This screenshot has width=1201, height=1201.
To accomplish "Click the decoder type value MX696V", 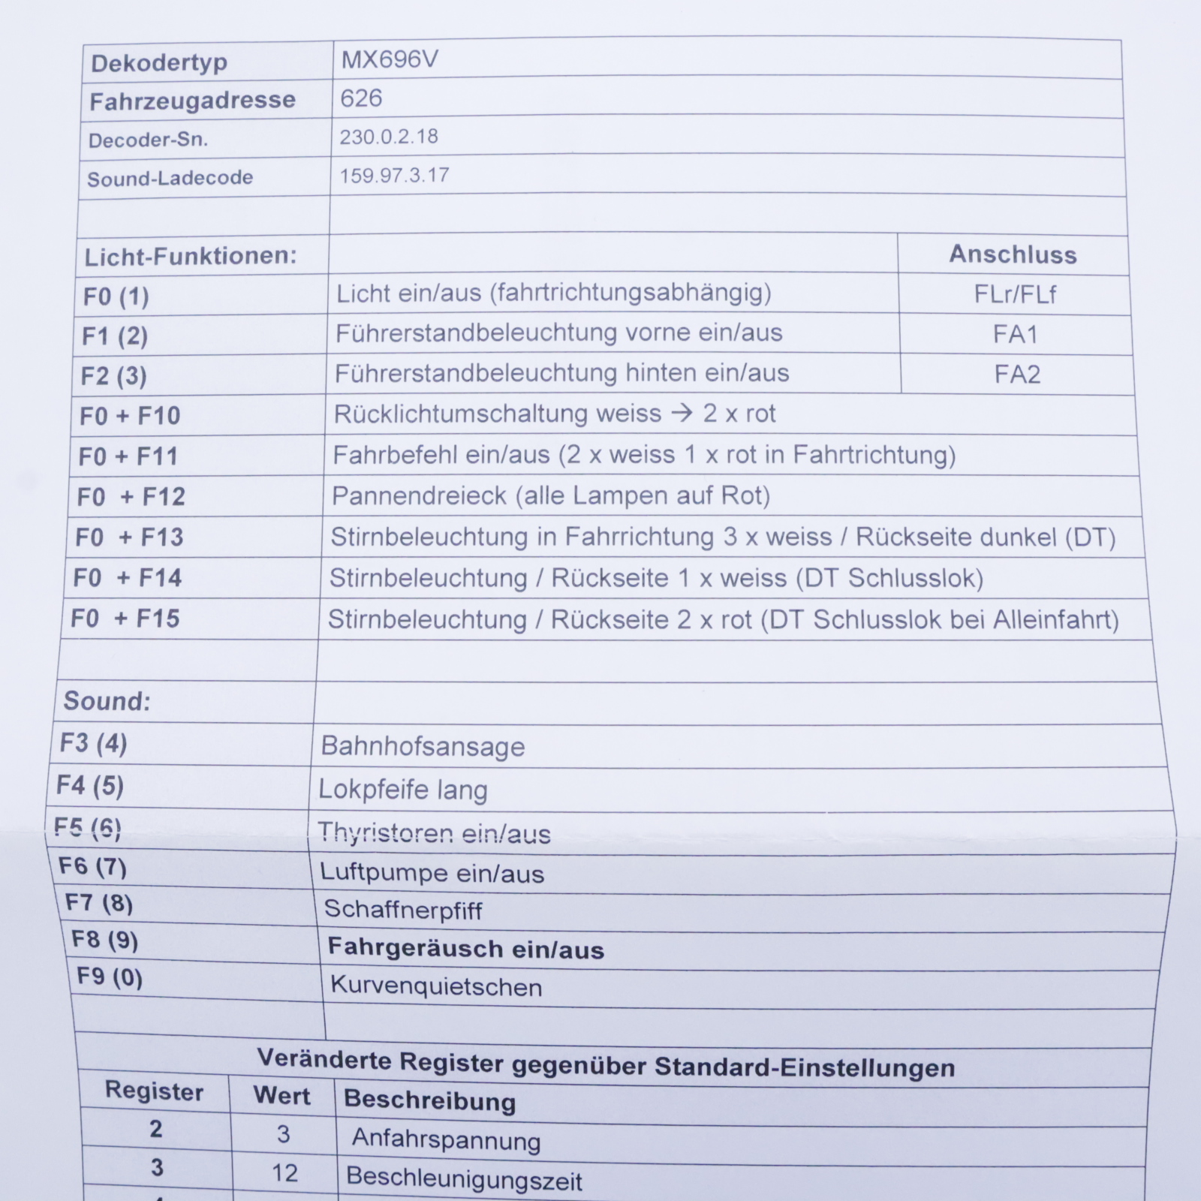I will [x=389, y=59].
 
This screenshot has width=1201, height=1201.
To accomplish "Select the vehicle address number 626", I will [x=361, y=98].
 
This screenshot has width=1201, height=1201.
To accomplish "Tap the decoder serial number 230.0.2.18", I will [x=389, y=137].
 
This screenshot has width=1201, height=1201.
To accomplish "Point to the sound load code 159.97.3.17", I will [x=394, y=176].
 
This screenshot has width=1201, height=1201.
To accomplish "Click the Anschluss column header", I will [x=1013, y=254].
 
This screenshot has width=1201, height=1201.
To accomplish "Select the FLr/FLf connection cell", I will [x=1015, y=294].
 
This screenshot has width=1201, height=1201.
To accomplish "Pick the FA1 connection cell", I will [x=1016, y=334].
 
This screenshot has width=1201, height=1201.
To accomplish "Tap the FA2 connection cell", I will [x=1017, y=374].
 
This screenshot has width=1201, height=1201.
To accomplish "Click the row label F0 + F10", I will [x=130, y=415].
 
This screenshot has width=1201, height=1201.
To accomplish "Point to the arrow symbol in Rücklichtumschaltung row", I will [x=682, y=414].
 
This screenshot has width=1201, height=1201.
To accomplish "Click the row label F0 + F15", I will [x=125, y=619].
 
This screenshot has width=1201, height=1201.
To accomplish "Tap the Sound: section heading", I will [x=107, y=701].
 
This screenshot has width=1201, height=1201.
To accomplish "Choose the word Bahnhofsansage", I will [x=423, y=747].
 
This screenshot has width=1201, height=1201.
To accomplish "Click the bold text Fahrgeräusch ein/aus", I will [x=466, y=950].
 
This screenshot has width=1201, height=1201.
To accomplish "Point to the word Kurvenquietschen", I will [x=436, y=986].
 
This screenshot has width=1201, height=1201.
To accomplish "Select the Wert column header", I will [x=281, y=1096].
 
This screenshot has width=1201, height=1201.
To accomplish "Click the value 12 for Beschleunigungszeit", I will [x=284, y=1173].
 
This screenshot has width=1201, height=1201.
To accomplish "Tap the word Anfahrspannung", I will [x=446, y=1139].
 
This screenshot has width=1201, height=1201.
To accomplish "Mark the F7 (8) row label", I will [x=99, y=903].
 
